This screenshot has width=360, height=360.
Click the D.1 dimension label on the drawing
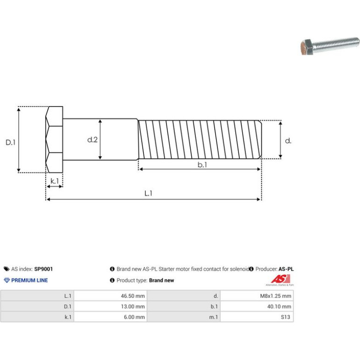(11, 142)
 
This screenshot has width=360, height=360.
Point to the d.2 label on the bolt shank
(92, 140)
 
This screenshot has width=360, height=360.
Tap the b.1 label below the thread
(202, 165)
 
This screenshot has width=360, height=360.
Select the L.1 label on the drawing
(148, 193)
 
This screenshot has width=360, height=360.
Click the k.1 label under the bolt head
(55, 181)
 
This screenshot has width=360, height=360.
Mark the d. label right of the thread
(288, 141)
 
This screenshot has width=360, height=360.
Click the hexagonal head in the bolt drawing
(54, 139)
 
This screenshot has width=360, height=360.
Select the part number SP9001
(43, 269)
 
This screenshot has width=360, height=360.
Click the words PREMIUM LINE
(29, 281)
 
